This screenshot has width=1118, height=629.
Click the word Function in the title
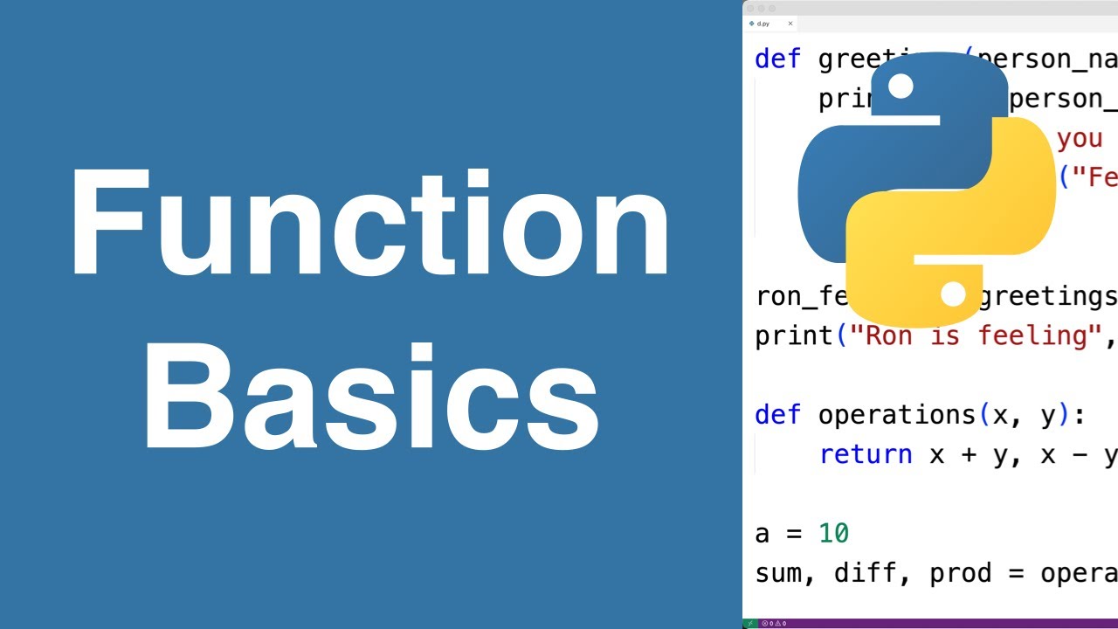(x=370, y=225)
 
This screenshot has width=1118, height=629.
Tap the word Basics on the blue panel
(x=370, y=397)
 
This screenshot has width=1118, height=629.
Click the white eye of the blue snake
(x=900, y=86)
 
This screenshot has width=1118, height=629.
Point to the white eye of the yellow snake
(x=953, y=294)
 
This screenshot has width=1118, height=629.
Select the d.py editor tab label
(x=763, y=24)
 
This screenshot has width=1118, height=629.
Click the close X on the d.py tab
(x=790, y=24)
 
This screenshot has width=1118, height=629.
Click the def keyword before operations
(x=777, y=415)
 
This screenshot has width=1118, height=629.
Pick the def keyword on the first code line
(x=777, y=59)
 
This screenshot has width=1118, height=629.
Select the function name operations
(x=897, y=415)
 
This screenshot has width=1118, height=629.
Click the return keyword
(x=866, y=454)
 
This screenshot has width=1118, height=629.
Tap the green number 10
(x=834, y=533)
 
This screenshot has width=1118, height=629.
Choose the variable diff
(x=866, y=573)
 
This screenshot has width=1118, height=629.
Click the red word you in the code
(x=1080, y=139)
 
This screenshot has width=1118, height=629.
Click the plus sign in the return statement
(x=969, y=455)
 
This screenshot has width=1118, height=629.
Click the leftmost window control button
(x=750, y=8)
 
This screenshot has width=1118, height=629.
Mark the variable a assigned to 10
(x=763, y=534)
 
